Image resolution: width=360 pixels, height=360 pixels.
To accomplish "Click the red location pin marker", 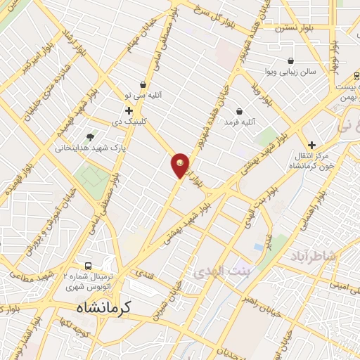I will [x=180, y=165].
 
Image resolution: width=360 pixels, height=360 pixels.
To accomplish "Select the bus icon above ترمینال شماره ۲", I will [x=89, y=266].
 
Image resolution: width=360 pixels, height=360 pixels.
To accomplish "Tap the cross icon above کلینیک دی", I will [x=129, y=110].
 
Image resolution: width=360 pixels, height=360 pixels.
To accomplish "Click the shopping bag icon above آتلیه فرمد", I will [x=239, y=111].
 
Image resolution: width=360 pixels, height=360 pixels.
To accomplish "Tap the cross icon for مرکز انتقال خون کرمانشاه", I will [x=311, y=144].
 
